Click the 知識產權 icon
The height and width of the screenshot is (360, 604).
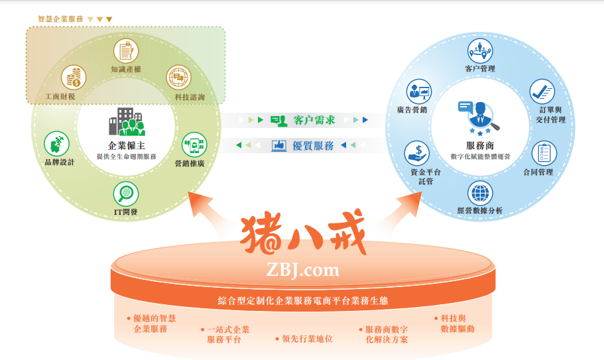tap(127, 50)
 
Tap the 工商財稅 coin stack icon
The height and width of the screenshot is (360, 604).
tap(74, 78)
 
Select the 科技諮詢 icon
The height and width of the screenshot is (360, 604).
tap(178, 78)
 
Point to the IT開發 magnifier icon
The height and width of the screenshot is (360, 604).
tap(125, 194)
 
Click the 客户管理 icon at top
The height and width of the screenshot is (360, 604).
tap(480, 50)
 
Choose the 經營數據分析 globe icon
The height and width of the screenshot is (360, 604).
tap(480, 194)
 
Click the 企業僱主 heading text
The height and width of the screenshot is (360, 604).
tap(126, 146)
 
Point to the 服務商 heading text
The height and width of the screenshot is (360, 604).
tap(479, 145)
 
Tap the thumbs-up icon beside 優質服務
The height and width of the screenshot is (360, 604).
tap(280, 145)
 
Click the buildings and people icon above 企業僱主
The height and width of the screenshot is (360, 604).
tap(126, 123)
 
